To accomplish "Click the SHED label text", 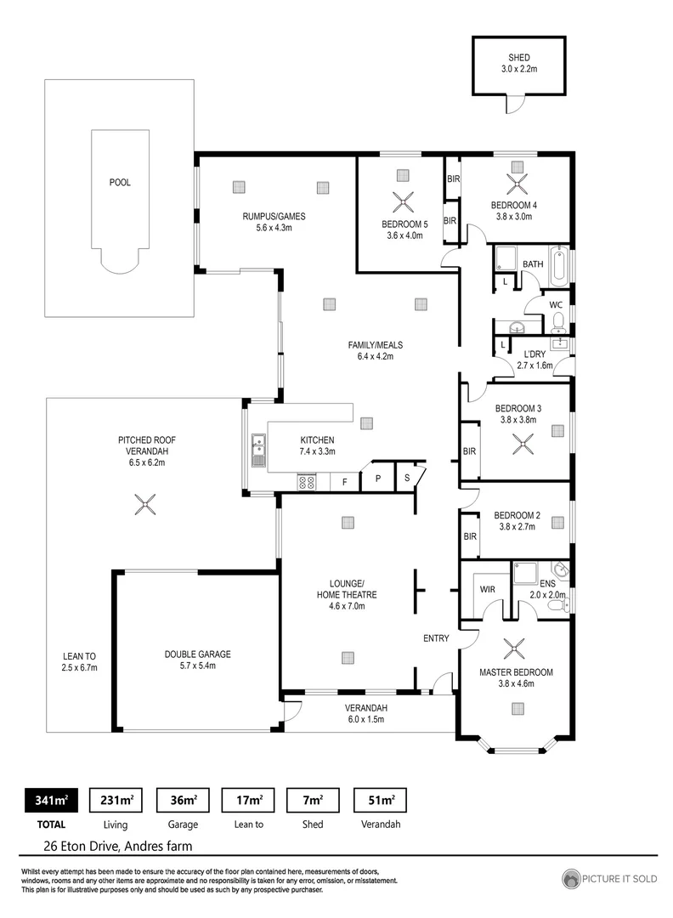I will click(x=519, y=58).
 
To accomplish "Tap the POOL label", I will click(x=120, y=183).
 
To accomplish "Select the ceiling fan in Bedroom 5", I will click(x=402, y=202).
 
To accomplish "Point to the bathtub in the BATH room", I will click(x=559, y=267).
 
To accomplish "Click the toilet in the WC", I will click(x=558, y=320).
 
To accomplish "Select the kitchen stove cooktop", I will click(x=306, y=482).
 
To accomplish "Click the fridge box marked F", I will click(x=344, y=482).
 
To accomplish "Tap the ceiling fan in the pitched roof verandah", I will click(x=146, y=505).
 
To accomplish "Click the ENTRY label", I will click(x=436, y=637).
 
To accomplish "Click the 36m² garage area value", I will click(x=184, y=800).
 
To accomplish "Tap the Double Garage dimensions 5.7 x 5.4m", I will click(x=197, y=666).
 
